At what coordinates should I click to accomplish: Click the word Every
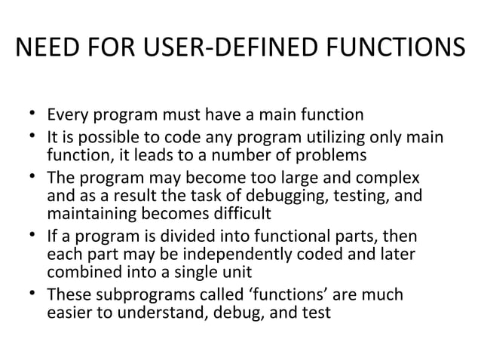[66, 117]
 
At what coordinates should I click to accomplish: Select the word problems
[331, 156]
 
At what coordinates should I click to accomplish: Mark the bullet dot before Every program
[34, 116]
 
